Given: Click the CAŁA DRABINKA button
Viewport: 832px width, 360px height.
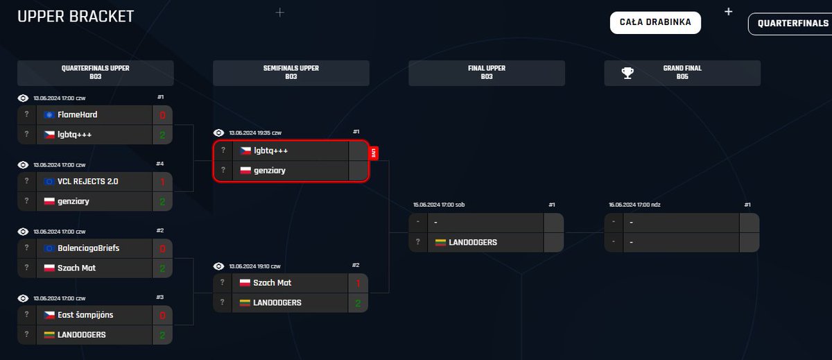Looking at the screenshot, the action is point(655,22).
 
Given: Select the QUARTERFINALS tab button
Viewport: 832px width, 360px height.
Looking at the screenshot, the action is point(790,23).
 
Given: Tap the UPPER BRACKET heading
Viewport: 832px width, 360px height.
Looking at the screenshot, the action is point(76,17).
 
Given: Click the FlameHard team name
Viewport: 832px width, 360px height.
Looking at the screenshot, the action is point(78,114).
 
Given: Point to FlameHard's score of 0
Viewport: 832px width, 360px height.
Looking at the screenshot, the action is point(162,114).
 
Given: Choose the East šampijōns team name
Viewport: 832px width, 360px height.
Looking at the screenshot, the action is point(87,314).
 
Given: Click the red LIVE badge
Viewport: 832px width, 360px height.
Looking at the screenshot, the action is point(374,153).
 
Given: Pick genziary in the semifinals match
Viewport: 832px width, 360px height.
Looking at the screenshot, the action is point(270,170).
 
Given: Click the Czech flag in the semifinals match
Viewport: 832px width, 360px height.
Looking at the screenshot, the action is point(245,151).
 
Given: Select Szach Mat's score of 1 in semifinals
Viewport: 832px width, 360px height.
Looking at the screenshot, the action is point(358,283).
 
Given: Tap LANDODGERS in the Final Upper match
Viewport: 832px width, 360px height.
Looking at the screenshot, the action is point(473,242).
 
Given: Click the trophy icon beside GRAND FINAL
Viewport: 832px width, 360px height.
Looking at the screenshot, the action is point(627,73).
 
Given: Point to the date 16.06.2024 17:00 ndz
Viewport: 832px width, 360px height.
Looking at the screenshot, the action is point(634,205).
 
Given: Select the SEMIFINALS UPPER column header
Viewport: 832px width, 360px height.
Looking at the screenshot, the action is point(291,73).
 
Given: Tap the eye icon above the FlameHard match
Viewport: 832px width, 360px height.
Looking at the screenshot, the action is point(23,98).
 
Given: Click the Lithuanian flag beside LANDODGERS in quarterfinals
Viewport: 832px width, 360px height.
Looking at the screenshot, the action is point(49,334).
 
